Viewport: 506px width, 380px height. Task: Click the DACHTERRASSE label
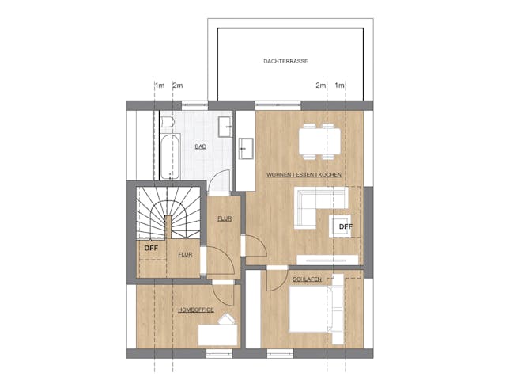(x=285, y=61)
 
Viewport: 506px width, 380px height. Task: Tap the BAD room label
(x=200, y=146)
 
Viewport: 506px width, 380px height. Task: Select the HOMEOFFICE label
(x=196, y=310)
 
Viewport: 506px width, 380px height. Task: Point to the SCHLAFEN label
(x=307, y=279)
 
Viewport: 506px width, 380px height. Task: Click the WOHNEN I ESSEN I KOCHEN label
(x=304, y=175)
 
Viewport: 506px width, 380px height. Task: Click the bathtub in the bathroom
(x=170, y=157)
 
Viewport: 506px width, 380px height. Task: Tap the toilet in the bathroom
(x=167, y=122)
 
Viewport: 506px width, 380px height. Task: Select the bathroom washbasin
(x=225, y=127)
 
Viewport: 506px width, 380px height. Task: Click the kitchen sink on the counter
(x=246, y=149)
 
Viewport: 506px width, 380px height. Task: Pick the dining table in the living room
(x=319, y=142)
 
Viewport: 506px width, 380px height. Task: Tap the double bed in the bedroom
(x=316, y=310)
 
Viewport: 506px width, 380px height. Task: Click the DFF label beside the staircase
(x=151, y=248)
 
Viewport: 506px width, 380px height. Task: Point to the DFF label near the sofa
(x=346, y=226)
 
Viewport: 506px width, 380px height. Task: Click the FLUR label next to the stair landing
(x=185, y=255)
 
